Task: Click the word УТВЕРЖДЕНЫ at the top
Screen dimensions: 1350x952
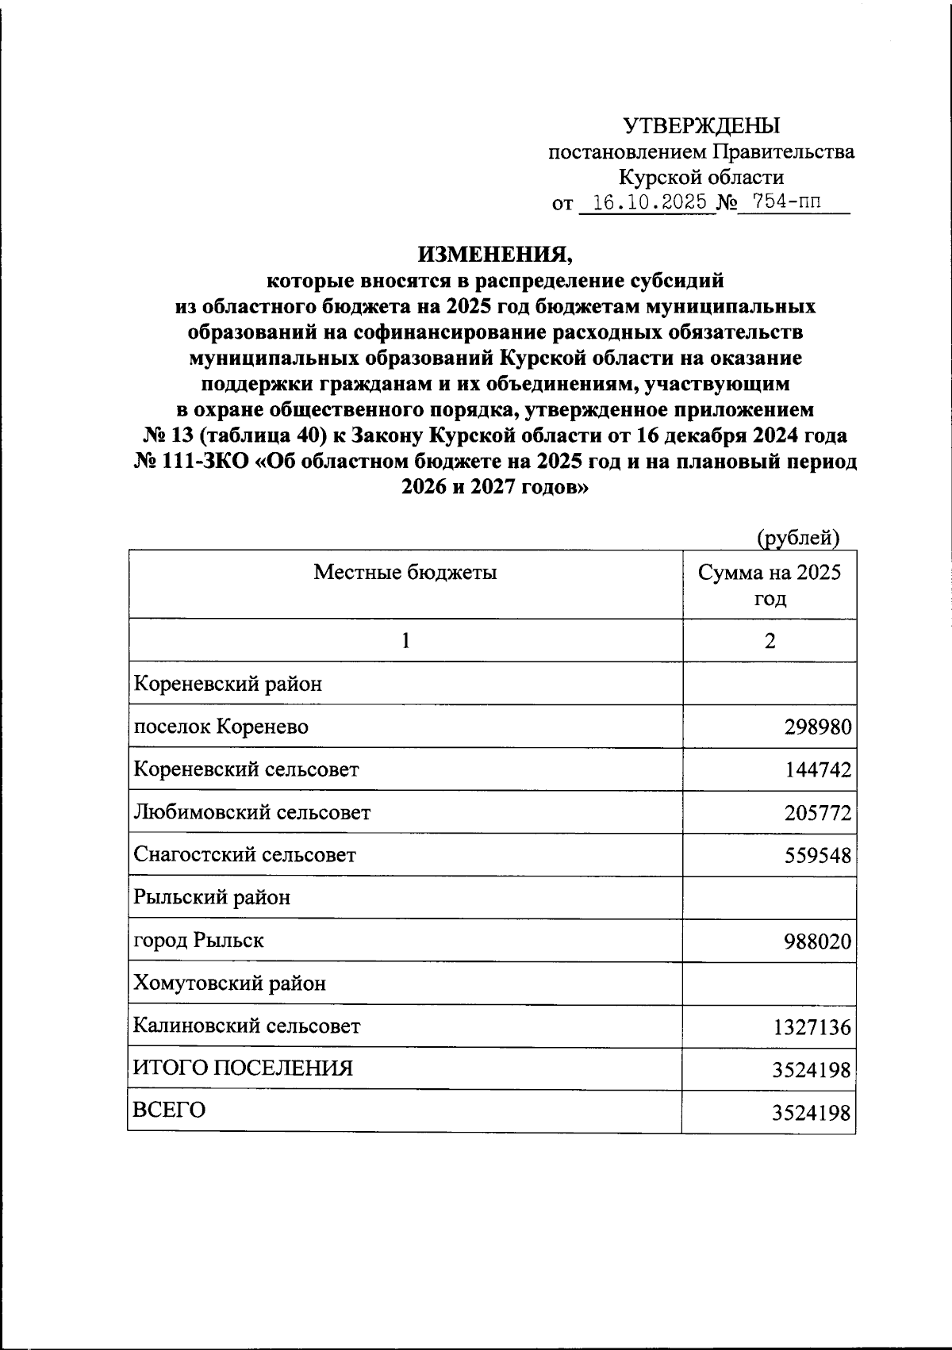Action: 701,126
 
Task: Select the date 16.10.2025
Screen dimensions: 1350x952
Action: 650,203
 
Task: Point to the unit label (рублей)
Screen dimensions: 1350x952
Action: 797,539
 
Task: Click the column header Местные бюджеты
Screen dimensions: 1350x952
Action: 405,572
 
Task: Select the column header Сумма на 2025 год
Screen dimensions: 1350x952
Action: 769,585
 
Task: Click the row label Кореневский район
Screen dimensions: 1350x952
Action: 228,684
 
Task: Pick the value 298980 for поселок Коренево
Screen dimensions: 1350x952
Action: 818,727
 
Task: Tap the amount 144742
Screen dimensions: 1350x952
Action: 818,770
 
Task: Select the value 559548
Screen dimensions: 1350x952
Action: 818,856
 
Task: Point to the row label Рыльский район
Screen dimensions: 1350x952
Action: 213,898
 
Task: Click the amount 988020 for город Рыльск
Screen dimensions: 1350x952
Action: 818,942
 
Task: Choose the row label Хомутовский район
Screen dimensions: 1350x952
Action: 230,984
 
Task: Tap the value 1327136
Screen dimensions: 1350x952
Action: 812,1028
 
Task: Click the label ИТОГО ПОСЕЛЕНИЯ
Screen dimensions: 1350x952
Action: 243,1068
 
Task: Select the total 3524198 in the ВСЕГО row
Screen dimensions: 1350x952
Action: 812,1114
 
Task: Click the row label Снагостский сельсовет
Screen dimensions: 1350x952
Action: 245,855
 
